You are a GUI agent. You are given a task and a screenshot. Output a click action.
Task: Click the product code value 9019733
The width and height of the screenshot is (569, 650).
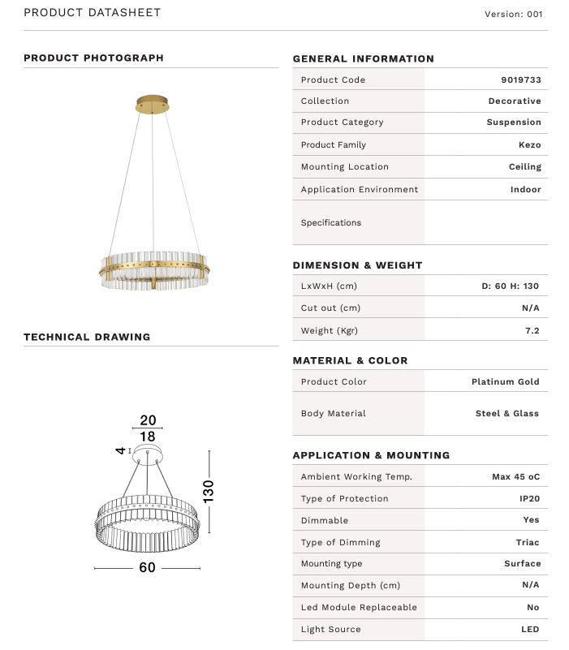tap(520, 80)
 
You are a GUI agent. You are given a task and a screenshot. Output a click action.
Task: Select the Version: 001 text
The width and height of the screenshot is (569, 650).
tap(513, 14)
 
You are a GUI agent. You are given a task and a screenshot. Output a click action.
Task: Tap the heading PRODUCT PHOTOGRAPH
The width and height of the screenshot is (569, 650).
tap(93, 58)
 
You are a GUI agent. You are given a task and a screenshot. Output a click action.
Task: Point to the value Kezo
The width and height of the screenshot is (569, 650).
tap(529, 144)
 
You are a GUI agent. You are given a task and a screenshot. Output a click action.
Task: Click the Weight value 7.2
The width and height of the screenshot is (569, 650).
tap(532, 330)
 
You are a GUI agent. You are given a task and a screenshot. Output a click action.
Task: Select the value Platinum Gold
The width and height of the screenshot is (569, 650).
tap(505, 381)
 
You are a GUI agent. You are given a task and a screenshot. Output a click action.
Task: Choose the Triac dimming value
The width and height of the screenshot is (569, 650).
tap(527, 542)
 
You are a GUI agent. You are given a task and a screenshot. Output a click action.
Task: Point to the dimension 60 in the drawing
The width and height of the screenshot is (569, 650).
tap(147, 567)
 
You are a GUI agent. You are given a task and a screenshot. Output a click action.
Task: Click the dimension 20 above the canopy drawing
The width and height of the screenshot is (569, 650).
tap(148, 420)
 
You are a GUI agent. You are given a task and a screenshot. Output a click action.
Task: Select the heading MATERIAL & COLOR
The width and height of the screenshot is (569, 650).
tap(350, 360)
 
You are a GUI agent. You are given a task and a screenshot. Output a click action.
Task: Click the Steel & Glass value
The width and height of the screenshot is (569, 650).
tap(506, 413)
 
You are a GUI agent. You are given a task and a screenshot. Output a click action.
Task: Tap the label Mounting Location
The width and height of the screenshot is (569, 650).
tap(344, 166)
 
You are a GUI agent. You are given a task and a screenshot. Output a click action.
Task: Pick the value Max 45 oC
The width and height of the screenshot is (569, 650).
tap(515, 476)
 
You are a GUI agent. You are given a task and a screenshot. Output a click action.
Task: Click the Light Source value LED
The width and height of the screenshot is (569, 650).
tap(529, 629)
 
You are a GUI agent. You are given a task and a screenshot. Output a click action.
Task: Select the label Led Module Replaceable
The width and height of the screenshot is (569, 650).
tap(358, 607)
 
